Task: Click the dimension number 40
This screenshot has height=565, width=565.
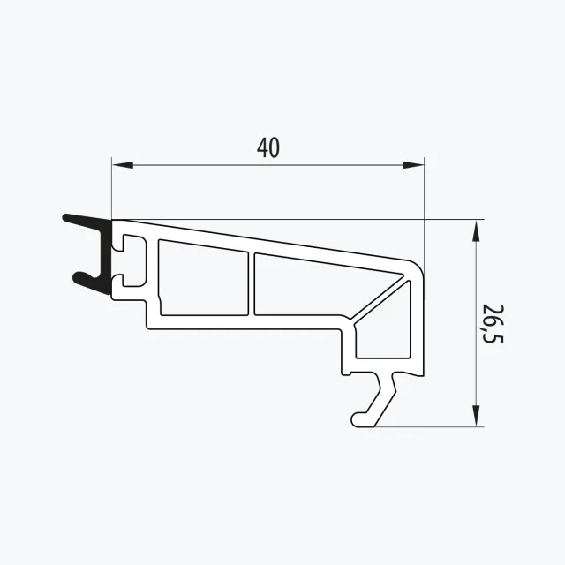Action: click(268, 147)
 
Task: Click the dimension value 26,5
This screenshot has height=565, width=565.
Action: click(493, 324)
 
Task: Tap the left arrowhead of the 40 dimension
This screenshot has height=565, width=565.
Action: click(123, 165)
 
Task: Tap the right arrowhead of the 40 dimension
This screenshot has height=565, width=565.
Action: click(413, 165)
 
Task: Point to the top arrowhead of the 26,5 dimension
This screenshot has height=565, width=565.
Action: click(476, 230)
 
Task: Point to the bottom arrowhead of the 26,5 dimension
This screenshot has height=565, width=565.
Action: click(476, 416)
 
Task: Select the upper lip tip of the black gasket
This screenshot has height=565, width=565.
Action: click(66, 218)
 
